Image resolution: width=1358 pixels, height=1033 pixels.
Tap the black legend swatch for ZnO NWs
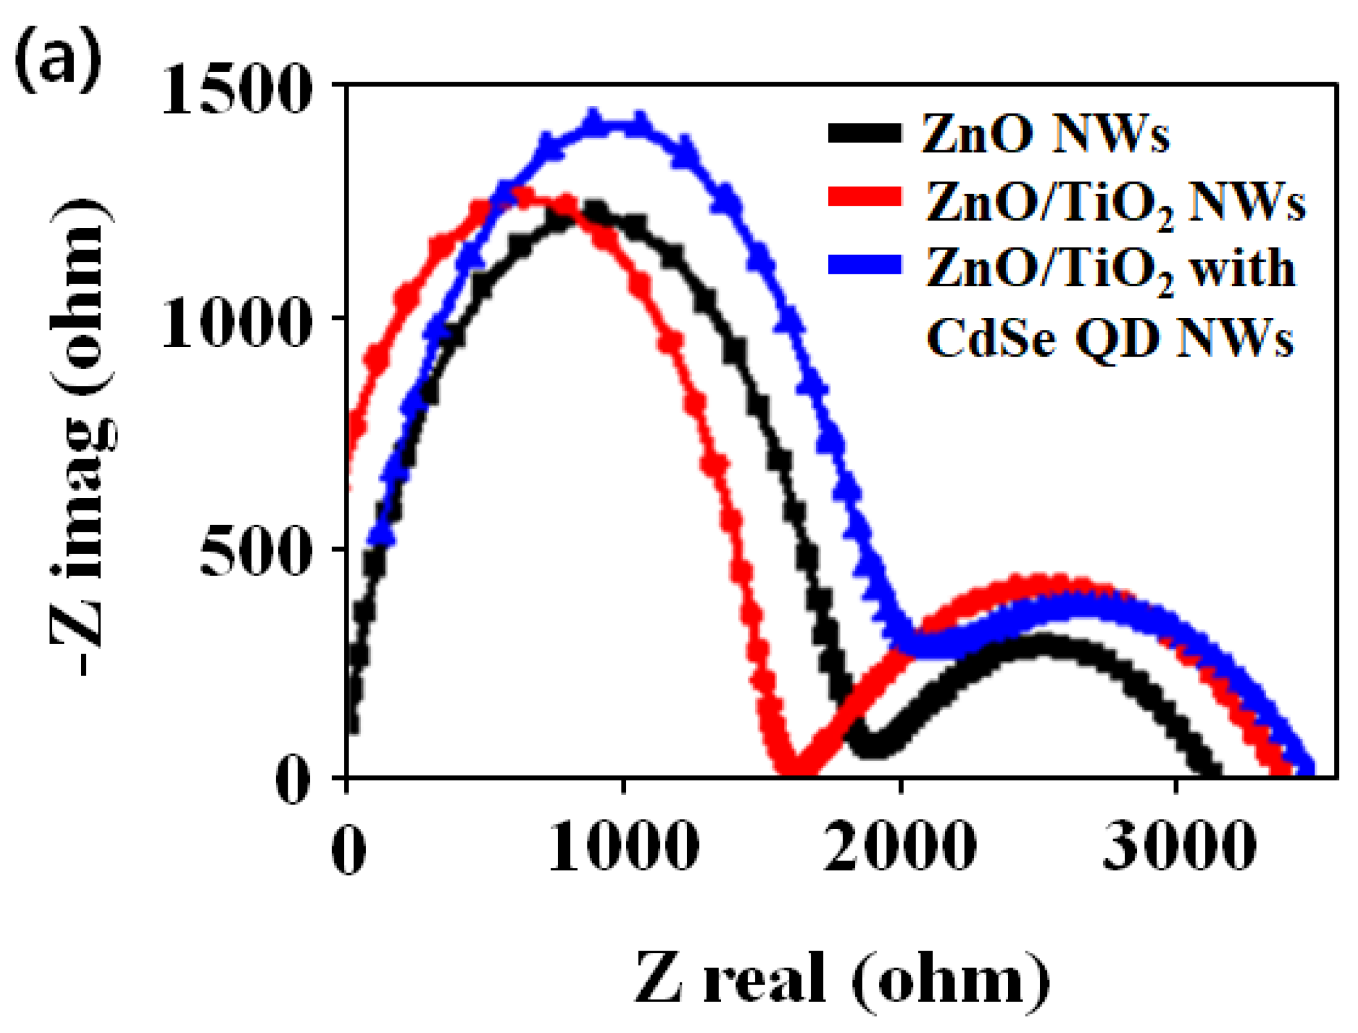pos(864,133)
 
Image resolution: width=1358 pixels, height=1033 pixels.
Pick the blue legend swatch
pos(864,264)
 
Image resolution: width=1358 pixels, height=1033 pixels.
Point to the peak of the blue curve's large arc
pos(615,123)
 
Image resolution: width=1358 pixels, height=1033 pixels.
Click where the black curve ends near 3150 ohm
pos(1211,774)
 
